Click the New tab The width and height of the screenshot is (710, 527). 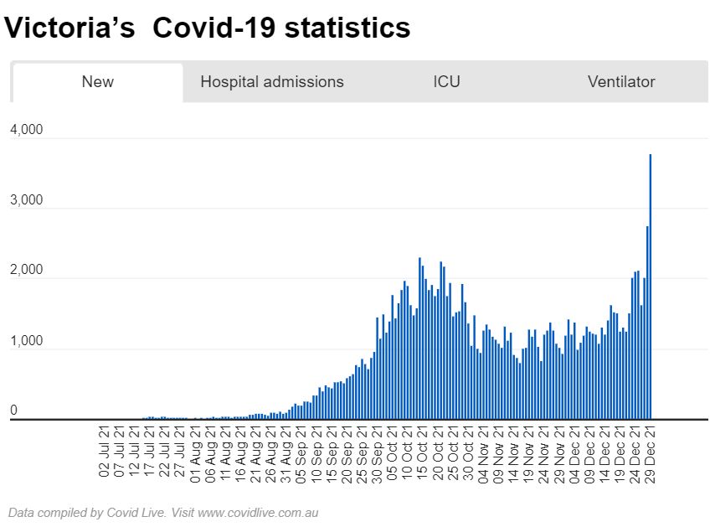tap(97, 82)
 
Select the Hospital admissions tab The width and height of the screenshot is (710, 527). tap(272, 82)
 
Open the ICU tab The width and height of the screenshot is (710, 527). tap(446, 82)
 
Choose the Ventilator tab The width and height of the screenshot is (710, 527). tap(621, 82)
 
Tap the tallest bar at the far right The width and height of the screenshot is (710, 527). tap(651, 285)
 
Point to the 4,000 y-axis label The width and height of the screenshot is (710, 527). tap(26, 131)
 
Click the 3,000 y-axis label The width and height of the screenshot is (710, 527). tap(26, 201)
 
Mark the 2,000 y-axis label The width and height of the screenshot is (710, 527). tap(26, 271)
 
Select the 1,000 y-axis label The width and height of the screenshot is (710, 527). tap(26, 341)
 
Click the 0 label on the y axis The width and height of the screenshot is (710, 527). tap(13, 411)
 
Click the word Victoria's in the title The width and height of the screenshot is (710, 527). tap(69, 28)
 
